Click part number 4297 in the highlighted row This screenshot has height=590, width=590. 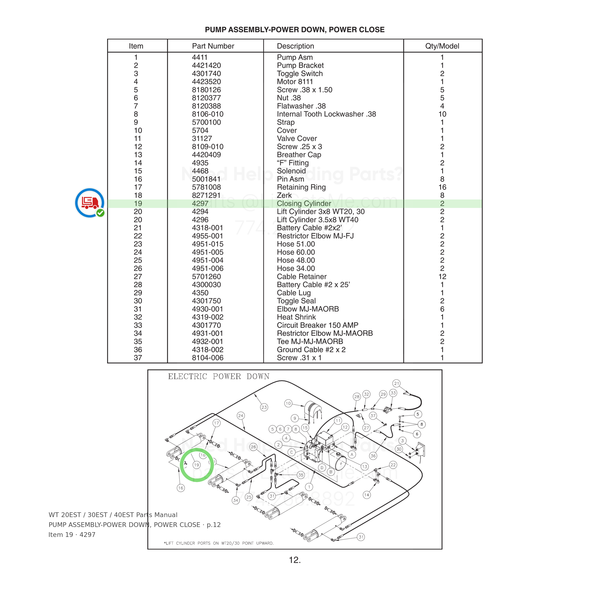(x=200, y=203)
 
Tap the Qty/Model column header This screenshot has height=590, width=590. (x=442, y=46)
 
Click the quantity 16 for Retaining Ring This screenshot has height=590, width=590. (x=442, y=187)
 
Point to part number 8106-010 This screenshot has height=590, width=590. (x=208, y=114)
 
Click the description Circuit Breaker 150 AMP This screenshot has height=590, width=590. (x=318, y=325)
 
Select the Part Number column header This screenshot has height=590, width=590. (x=213, y=46)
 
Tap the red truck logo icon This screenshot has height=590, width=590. (x=90, y=203)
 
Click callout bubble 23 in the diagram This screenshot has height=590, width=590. (x=264, y=407)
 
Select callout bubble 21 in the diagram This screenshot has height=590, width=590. (x=396, y=383)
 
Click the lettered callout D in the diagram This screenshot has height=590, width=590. (x=322, y=468)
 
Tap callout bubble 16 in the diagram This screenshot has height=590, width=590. (x=181, y=488)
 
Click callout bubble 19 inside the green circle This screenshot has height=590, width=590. (x=196, y=465)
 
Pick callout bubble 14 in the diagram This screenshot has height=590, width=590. (x=367, y=495)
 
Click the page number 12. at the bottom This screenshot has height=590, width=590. (x=295, y=560)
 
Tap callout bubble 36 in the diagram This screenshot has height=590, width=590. (x=373, y=456)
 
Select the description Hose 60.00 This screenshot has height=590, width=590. (x=296, y=252)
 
